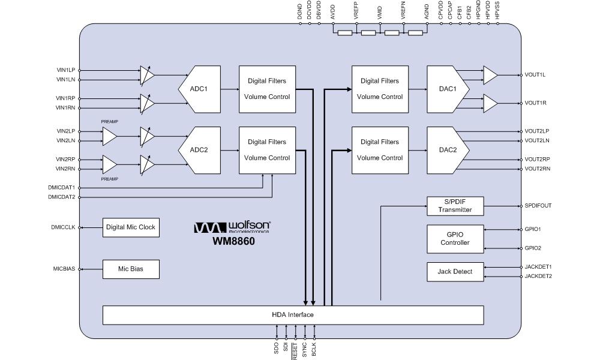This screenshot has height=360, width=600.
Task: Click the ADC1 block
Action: (x=199, y=89)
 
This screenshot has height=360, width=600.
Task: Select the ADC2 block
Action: (x=199, y=150)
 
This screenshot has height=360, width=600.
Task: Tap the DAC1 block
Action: (x=446, y=89)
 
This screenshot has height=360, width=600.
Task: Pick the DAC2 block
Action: (x=446, y=150)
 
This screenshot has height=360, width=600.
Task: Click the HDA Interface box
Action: (x=293, y=314)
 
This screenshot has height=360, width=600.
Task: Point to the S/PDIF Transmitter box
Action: (x=455, y=206)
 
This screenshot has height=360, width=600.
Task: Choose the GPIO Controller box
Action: (x=455, y=239)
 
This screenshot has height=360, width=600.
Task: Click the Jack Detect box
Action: (x=455, y=272)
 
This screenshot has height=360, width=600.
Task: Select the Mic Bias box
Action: (x=131, y=269)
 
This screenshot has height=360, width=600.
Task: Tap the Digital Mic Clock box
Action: (x=131, y=227)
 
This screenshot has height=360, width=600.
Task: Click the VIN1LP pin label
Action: (x=65, y=70)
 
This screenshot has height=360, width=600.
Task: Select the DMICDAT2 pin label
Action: (x=62, y=197)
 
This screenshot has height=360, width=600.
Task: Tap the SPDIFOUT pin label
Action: (x=538, y=206)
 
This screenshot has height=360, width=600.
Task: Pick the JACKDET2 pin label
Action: (x=538, y=276)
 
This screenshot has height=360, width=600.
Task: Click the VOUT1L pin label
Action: (x=535, y=75)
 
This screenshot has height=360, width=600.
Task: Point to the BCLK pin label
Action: (x=314, y=350)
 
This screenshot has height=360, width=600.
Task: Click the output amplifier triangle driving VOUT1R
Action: (x=490, y=103)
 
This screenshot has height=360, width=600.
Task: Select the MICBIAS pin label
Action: (x=63, y=269)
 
